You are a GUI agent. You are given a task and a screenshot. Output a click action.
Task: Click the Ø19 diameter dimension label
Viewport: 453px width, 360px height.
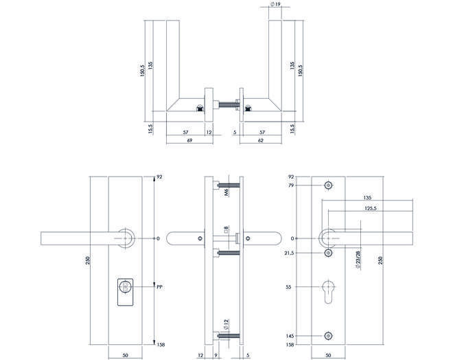(276, 4)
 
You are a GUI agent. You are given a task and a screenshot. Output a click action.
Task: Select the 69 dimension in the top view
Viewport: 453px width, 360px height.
(189, 141)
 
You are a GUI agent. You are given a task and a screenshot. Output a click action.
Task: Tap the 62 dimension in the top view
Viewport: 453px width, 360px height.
(261, 141)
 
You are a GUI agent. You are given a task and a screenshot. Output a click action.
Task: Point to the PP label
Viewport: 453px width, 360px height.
(159, 287)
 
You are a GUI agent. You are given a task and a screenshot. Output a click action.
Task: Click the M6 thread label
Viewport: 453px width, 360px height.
(226, 192)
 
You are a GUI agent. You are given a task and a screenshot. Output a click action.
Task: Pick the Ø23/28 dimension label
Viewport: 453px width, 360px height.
(358, 260)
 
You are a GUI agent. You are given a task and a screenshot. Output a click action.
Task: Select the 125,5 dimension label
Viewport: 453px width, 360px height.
(371, 208)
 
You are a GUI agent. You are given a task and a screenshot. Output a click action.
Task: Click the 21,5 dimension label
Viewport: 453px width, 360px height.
(289, 253)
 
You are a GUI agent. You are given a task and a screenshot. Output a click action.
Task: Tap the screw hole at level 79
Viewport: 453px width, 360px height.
(328, 185)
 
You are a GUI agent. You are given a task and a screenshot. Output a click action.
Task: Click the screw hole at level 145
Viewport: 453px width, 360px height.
(328, 336)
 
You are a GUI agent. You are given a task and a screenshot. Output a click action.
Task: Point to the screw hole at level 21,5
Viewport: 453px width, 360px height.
(328, 253)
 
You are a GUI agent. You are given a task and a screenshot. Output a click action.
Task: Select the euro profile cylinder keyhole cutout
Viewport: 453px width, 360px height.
(328, 291)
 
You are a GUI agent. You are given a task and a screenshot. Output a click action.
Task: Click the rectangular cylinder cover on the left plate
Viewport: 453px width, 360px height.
(126, 292)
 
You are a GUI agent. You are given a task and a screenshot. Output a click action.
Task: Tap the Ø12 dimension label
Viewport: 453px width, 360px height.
(226, 325)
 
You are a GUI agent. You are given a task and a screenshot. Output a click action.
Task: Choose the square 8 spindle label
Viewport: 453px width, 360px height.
(226, 230)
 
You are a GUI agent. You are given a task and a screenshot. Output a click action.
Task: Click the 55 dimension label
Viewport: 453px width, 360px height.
(288, 287)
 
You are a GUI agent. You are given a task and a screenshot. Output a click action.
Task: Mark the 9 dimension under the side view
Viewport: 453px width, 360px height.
(216, 355)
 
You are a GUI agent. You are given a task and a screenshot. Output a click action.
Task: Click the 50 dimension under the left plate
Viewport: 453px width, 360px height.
(126, 355)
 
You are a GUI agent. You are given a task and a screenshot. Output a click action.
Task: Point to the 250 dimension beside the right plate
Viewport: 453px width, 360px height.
(380, 260)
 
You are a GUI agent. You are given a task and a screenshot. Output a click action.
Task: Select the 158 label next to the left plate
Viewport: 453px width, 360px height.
(161, 345)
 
